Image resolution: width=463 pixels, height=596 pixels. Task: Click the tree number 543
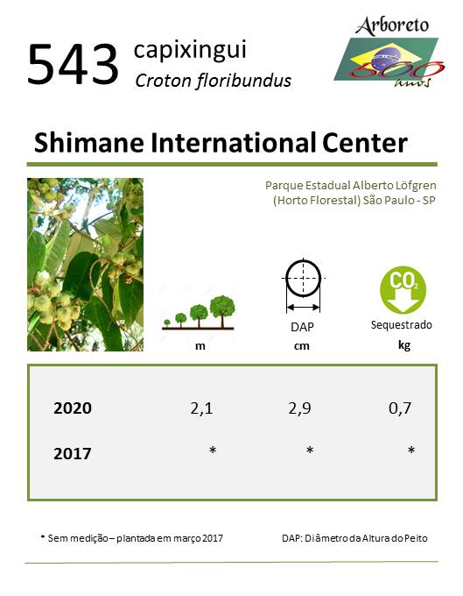point(74,64)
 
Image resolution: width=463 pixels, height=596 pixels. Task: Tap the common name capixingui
point(190,50)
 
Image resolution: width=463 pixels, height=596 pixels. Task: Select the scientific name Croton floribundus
point(214,81)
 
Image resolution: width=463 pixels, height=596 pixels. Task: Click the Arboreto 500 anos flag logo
point(389,52)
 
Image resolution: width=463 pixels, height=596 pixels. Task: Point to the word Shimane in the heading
point(88,143)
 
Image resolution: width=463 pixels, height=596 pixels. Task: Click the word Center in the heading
point(365,143)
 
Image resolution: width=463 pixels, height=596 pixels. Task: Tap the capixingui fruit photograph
point(86,265)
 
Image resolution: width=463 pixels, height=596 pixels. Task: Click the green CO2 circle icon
point(403,289)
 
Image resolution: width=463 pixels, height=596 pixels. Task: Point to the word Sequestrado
point(402,325)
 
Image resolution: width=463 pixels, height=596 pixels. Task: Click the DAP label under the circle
point(302,327)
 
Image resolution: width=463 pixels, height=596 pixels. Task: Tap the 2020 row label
point(73,408)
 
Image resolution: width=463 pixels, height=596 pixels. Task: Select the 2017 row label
point(73,453)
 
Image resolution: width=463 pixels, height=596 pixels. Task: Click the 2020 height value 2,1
point(201,408)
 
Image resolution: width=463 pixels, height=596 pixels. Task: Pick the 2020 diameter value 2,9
point(299,408)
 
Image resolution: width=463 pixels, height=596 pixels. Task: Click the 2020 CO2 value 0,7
point(400,408)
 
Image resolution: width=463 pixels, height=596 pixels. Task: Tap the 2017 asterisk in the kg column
point(411,451)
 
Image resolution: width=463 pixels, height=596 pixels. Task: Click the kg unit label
point(404,345)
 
